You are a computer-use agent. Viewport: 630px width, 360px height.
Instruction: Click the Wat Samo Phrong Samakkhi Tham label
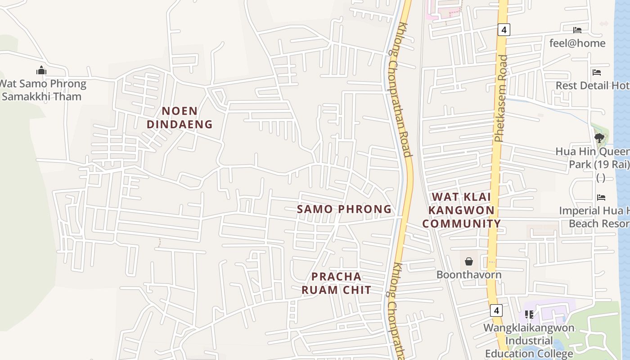pos(42,90)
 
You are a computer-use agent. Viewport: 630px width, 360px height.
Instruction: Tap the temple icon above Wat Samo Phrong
pos(41,70)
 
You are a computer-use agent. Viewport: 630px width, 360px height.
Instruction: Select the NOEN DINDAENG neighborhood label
pos(180,117)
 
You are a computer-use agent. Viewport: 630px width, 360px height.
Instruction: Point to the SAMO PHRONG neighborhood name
pos(344,209)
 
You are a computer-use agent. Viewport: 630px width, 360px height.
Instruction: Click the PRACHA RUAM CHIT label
pos(337,283)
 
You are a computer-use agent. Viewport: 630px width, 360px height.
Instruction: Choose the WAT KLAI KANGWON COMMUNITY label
pos(461,210)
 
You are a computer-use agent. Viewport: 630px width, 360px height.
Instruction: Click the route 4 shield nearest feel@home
pos(504,30)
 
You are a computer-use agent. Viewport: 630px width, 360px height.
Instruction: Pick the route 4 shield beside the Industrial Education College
pos(496,310)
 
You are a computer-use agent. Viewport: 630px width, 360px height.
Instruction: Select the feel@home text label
pos(577,43)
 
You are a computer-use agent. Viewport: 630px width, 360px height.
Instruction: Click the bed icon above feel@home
pos(577,30)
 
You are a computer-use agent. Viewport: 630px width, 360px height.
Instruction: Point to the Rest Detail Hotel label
pos(592,85)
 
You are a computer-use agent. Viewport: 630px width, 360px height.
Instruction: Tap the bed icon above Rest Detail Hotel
pos(597,72)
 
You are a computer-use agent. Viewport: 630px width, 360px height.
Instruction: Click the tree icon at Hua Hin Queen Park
pos(599,138)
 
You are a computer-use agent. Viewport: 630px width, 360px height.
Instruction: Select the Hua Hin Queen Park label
pos(592,158)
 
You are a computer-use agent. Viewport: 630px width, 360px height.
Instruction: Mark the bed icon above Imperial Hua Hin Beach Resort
pos(601,197)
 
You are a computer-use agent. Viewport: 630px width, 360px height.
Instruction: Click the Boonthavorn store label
pos(469,274)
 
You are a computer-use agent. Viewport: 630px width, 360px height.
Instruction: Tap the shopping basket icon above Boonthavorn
pos(469,261)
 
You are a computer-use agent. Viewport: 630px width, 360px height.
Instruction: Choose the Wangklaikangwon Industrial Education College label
pos(529,340)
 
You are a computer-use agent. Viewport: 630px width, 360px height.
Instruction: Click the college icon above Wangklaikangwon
pos(529,315)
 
